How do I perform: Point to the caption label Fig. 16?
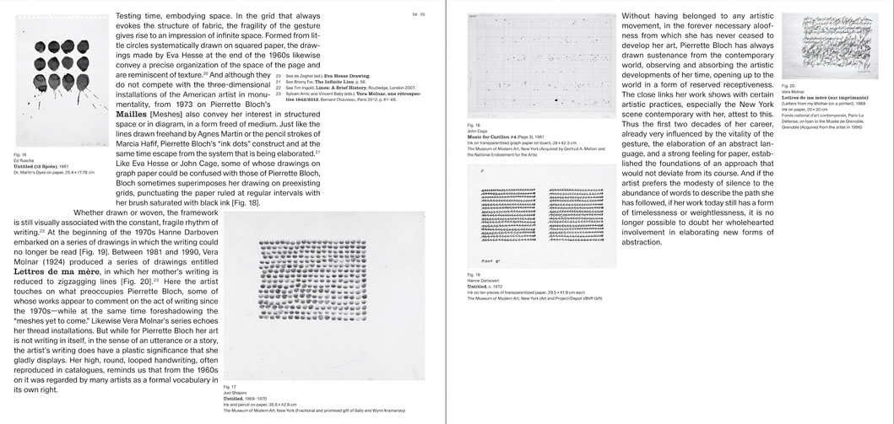(x=19, y=156)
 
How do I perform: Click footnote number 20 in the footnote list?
(x=278, y=75)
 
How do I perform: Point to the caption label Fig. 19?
(x=474, y=275)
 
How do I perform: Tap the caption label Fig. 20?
(x=788, y=86)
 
